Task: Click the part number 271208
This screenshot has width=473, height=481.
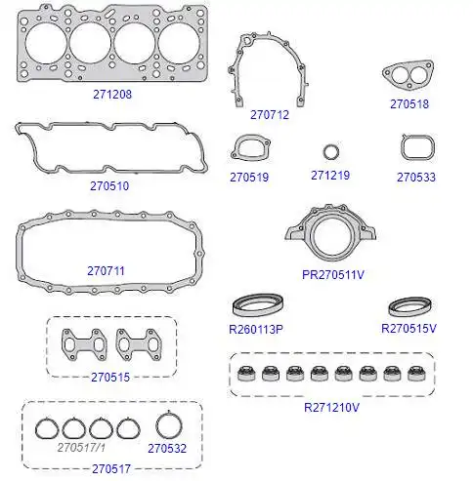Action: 112,95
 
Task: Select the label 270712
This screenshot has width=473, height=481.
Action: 270,115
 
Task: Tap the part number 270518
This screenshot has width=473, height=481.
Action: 409,104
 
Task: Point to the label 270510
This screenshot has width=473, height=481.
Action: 109,186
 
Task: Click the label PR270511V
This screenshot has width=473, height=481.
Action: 333,275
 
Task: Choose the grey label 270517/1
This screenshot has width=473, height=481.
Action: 81,448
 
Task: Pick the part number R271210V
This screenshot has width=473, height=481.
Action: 331,407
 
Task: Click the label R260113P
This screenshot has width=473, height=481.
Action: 256,330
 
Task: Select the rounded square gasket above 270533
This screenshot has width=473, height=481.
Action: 403,148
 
